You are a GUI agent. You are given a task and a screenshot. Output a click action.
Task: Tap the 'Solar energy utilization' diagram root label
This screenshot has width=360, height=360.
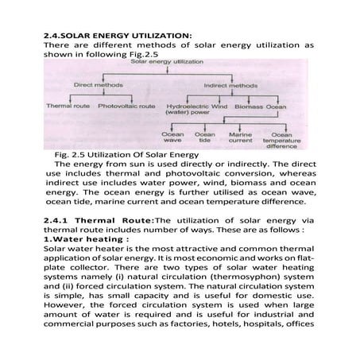(x=161, y=61)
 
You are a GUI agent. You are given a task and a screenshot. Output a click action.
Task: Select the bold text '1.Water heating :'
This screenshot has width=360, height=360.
(x=79, y=238)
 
